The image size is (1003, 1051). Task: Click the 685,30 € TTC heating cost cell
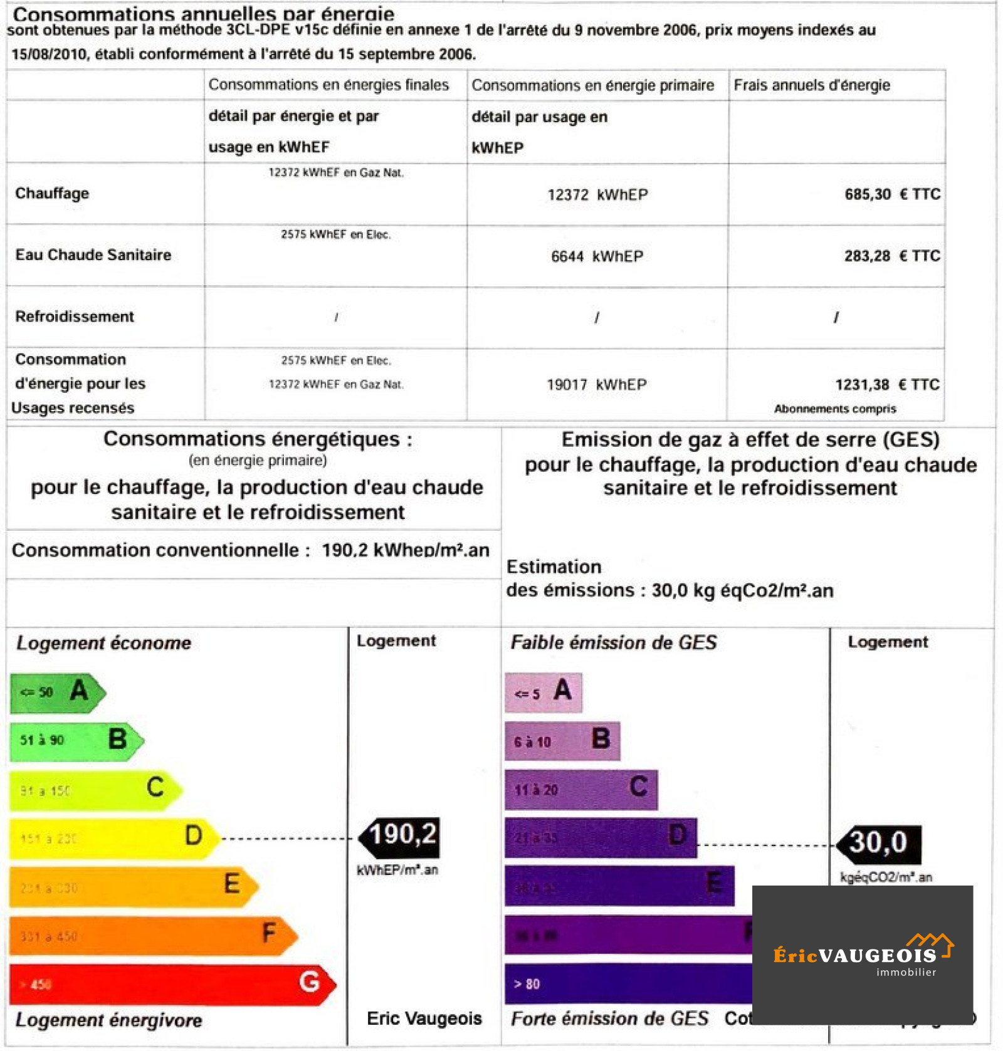tap(891, 194)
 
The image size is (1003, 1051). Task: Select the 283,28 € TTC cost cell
tap(891, 256)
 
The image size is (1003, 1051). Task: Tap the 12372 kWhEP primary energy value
tap(597, 195)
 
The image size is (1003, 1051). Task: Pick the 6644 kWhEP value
tap(597, 256)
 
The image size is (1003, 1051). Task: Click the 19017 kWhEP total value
tap(596, 384)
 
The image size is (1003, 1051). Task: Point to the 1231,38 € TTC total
tap(886, 384)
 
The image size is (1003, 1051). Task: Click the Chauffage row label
tap(52, 193)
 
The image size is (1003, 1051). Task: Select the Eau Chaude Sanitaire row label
tap(93, 255)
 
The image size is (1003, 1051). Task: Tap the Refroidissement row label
tap(75, 316)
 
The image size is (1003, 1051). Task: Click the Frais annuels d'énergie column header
tap(811, 85)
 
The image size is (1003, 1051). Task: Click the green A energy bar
tap(56, 693)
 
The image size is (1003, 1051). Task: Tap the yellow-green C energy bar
tap(94, 790)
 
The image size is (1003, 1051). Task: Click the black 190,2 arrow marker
tap(401, 837)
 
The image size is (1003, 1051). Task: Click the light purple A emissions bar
tap(543, 693)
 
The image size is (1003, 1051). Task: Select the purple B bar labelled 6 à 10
tap(562, 741)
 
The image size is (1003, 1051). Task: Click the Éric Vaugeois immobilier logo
tap(862, 955)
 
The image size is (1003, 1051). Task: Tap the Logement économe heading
tap(103, 643)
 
